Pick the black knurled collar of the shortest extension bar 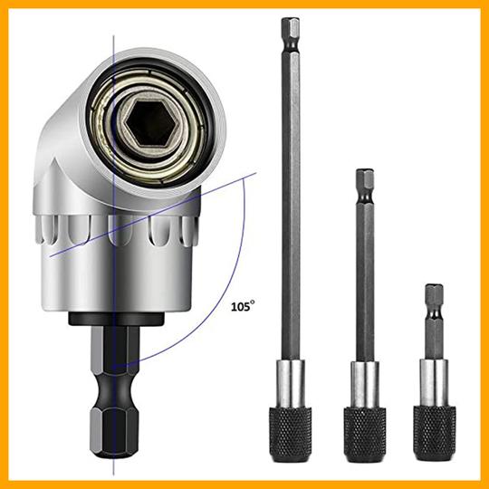(x=435, y=432)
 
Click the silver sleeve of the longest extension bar (x=291, y=383)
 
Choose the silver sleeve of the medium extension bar (x=365, y=384)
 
